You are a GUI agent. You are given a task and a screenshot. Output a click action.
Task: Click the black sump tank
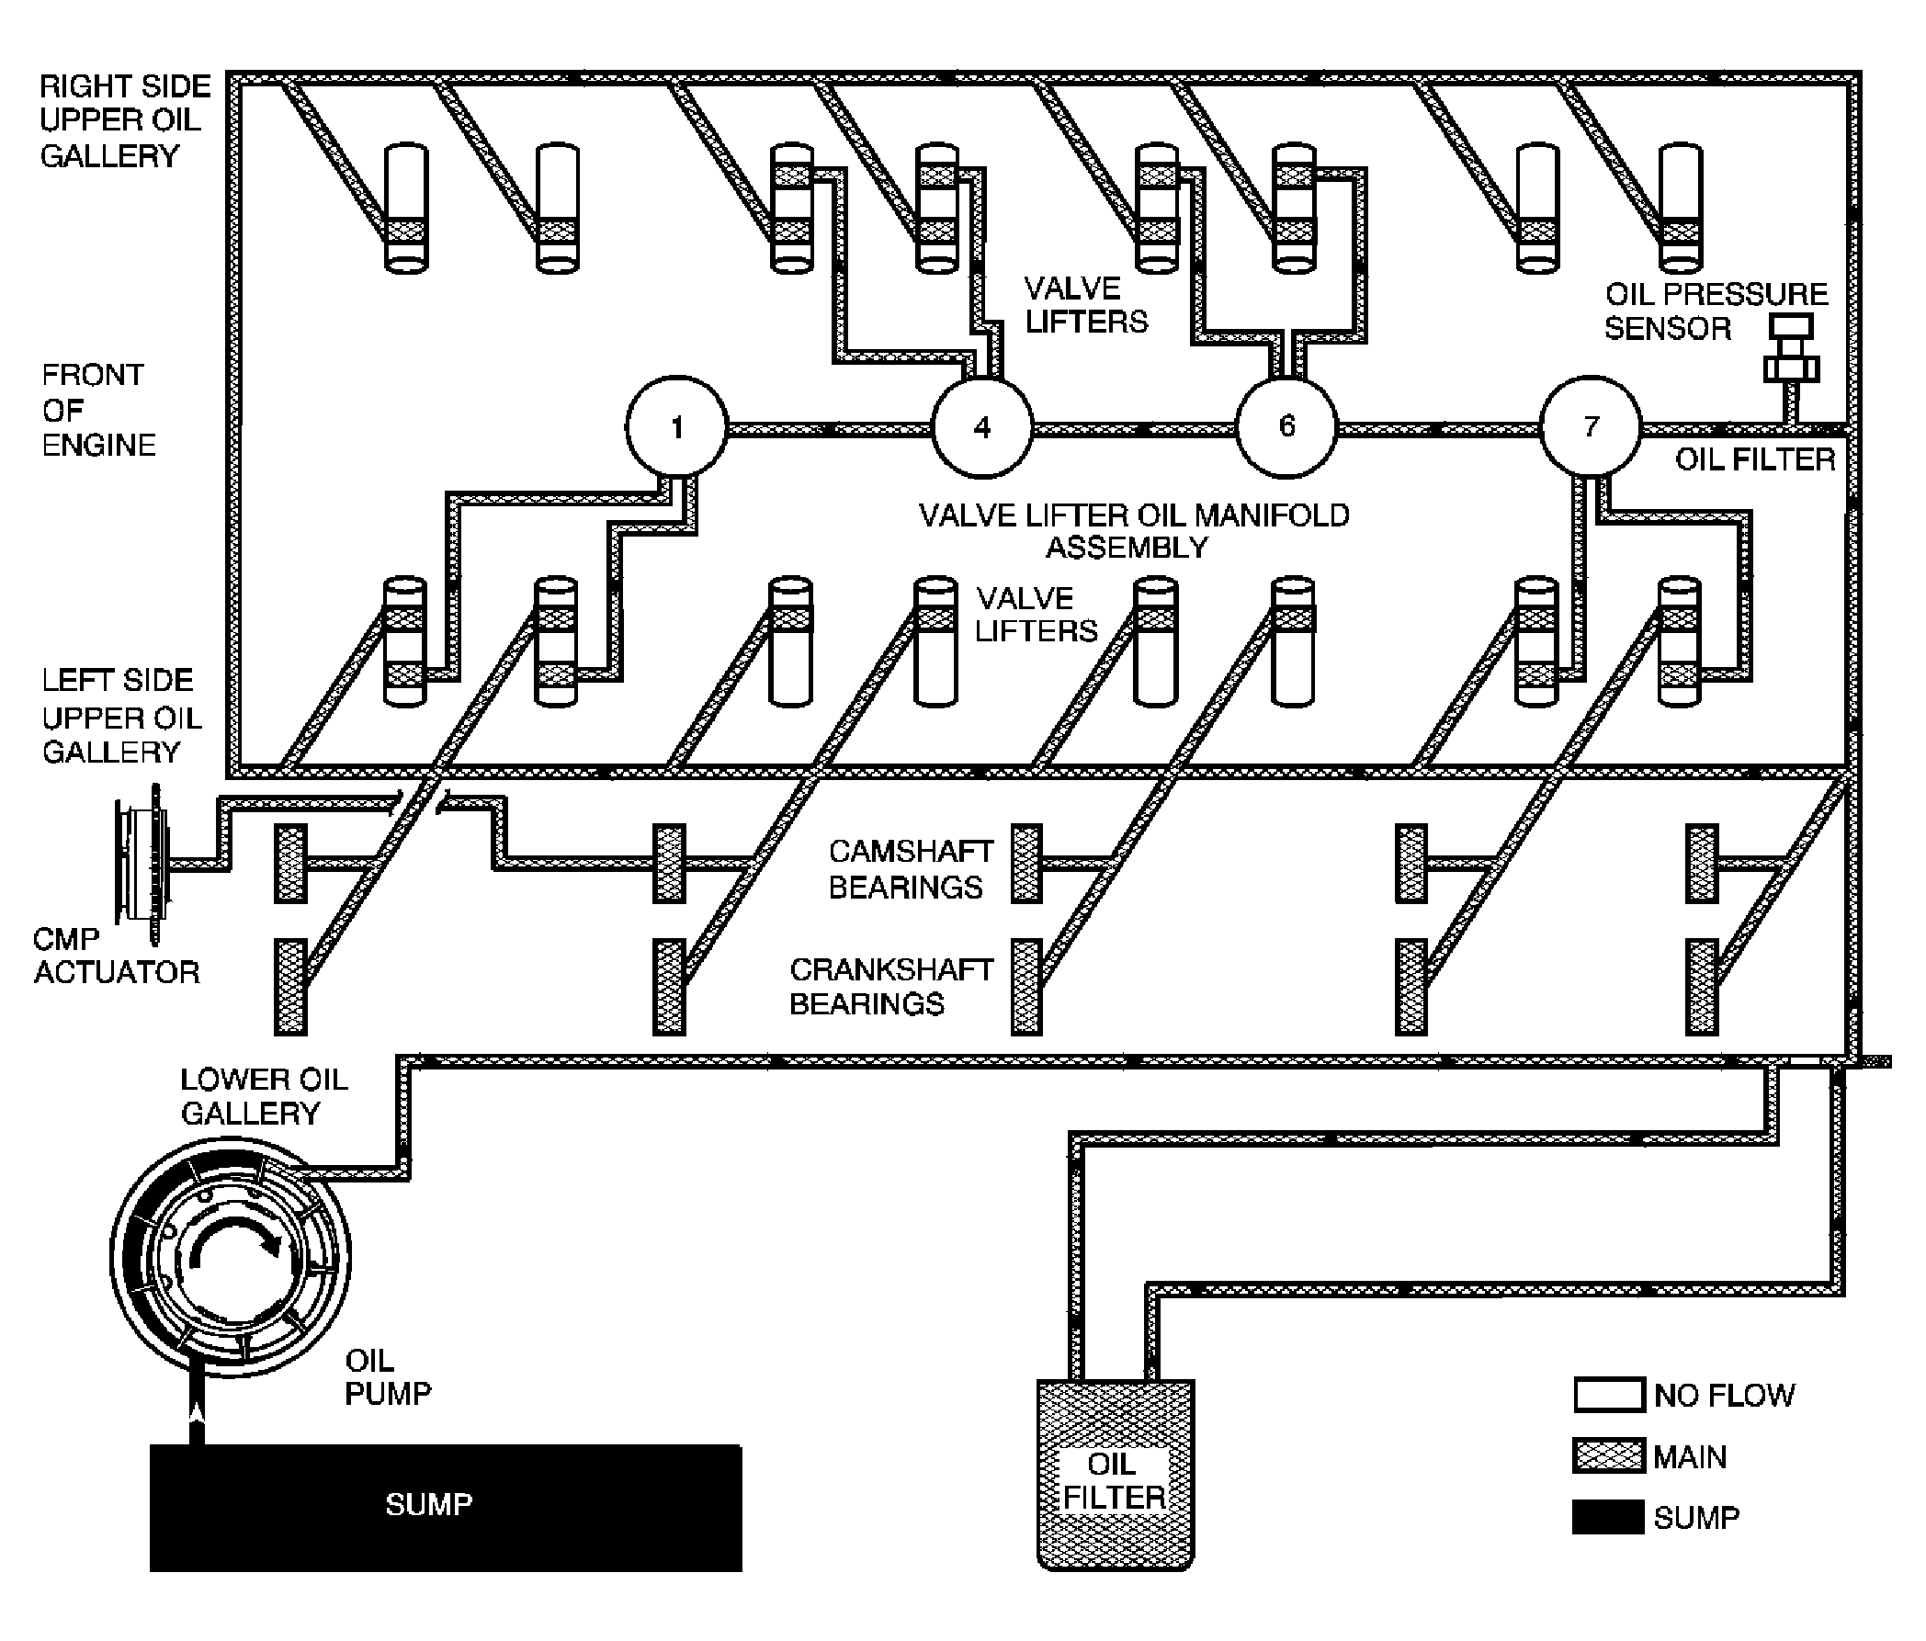pos(447,1507)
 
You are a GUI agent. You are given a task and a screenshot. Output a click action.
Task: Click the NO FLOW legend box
pos(1609,1395)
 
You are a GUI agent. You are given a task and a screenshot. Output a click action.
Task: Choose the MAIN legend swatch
pos(1609,1456)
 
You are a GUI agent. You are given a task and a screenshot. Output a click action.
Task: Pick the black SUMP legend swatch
pos(1609,1517)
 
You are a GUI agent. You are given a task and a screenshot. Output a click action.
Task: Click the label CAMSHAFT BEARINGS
pos(911,869)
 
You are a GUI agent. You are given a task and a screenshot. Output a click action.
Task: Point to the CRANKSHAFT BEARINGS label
pos(891,986)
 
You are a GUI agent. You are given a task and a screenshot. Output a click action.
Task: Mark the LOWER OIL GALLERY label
pos(264,1095)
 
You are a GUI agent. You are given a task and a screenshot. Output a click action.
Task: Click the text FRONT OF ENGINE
pos(98,410)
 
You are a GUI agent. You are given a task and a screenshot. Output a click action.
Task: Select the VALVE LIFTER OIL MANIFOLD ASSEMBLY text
pos(1134,530)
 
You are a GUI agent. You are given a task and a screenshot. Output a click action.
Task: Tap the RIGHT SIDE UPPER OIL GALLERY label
pos(125,120)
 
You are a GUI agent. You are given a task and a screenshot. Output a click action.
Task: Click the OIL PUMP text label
pos(388,1377)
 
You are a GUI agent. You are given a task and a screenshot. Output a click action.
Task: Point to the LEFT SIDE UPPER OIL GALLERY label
pos(121,717)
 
